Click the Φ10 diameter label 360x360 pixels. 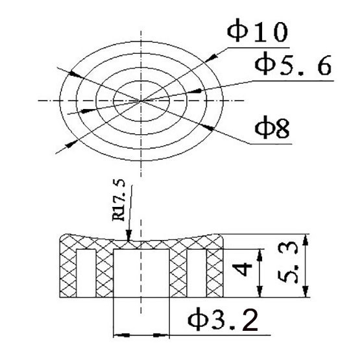pos(257,30)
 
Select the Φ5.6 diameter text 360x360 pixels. pos(293,64)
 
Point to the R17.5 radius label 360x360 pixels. pos(119,200)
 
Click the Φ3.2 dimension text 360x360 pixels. pos(222,319)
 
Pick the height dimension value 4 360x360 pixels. pos(242,270)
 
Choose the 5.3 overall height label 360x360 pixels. pos(288,263)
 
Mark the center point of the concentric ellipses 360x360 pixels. pos(141,101)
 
